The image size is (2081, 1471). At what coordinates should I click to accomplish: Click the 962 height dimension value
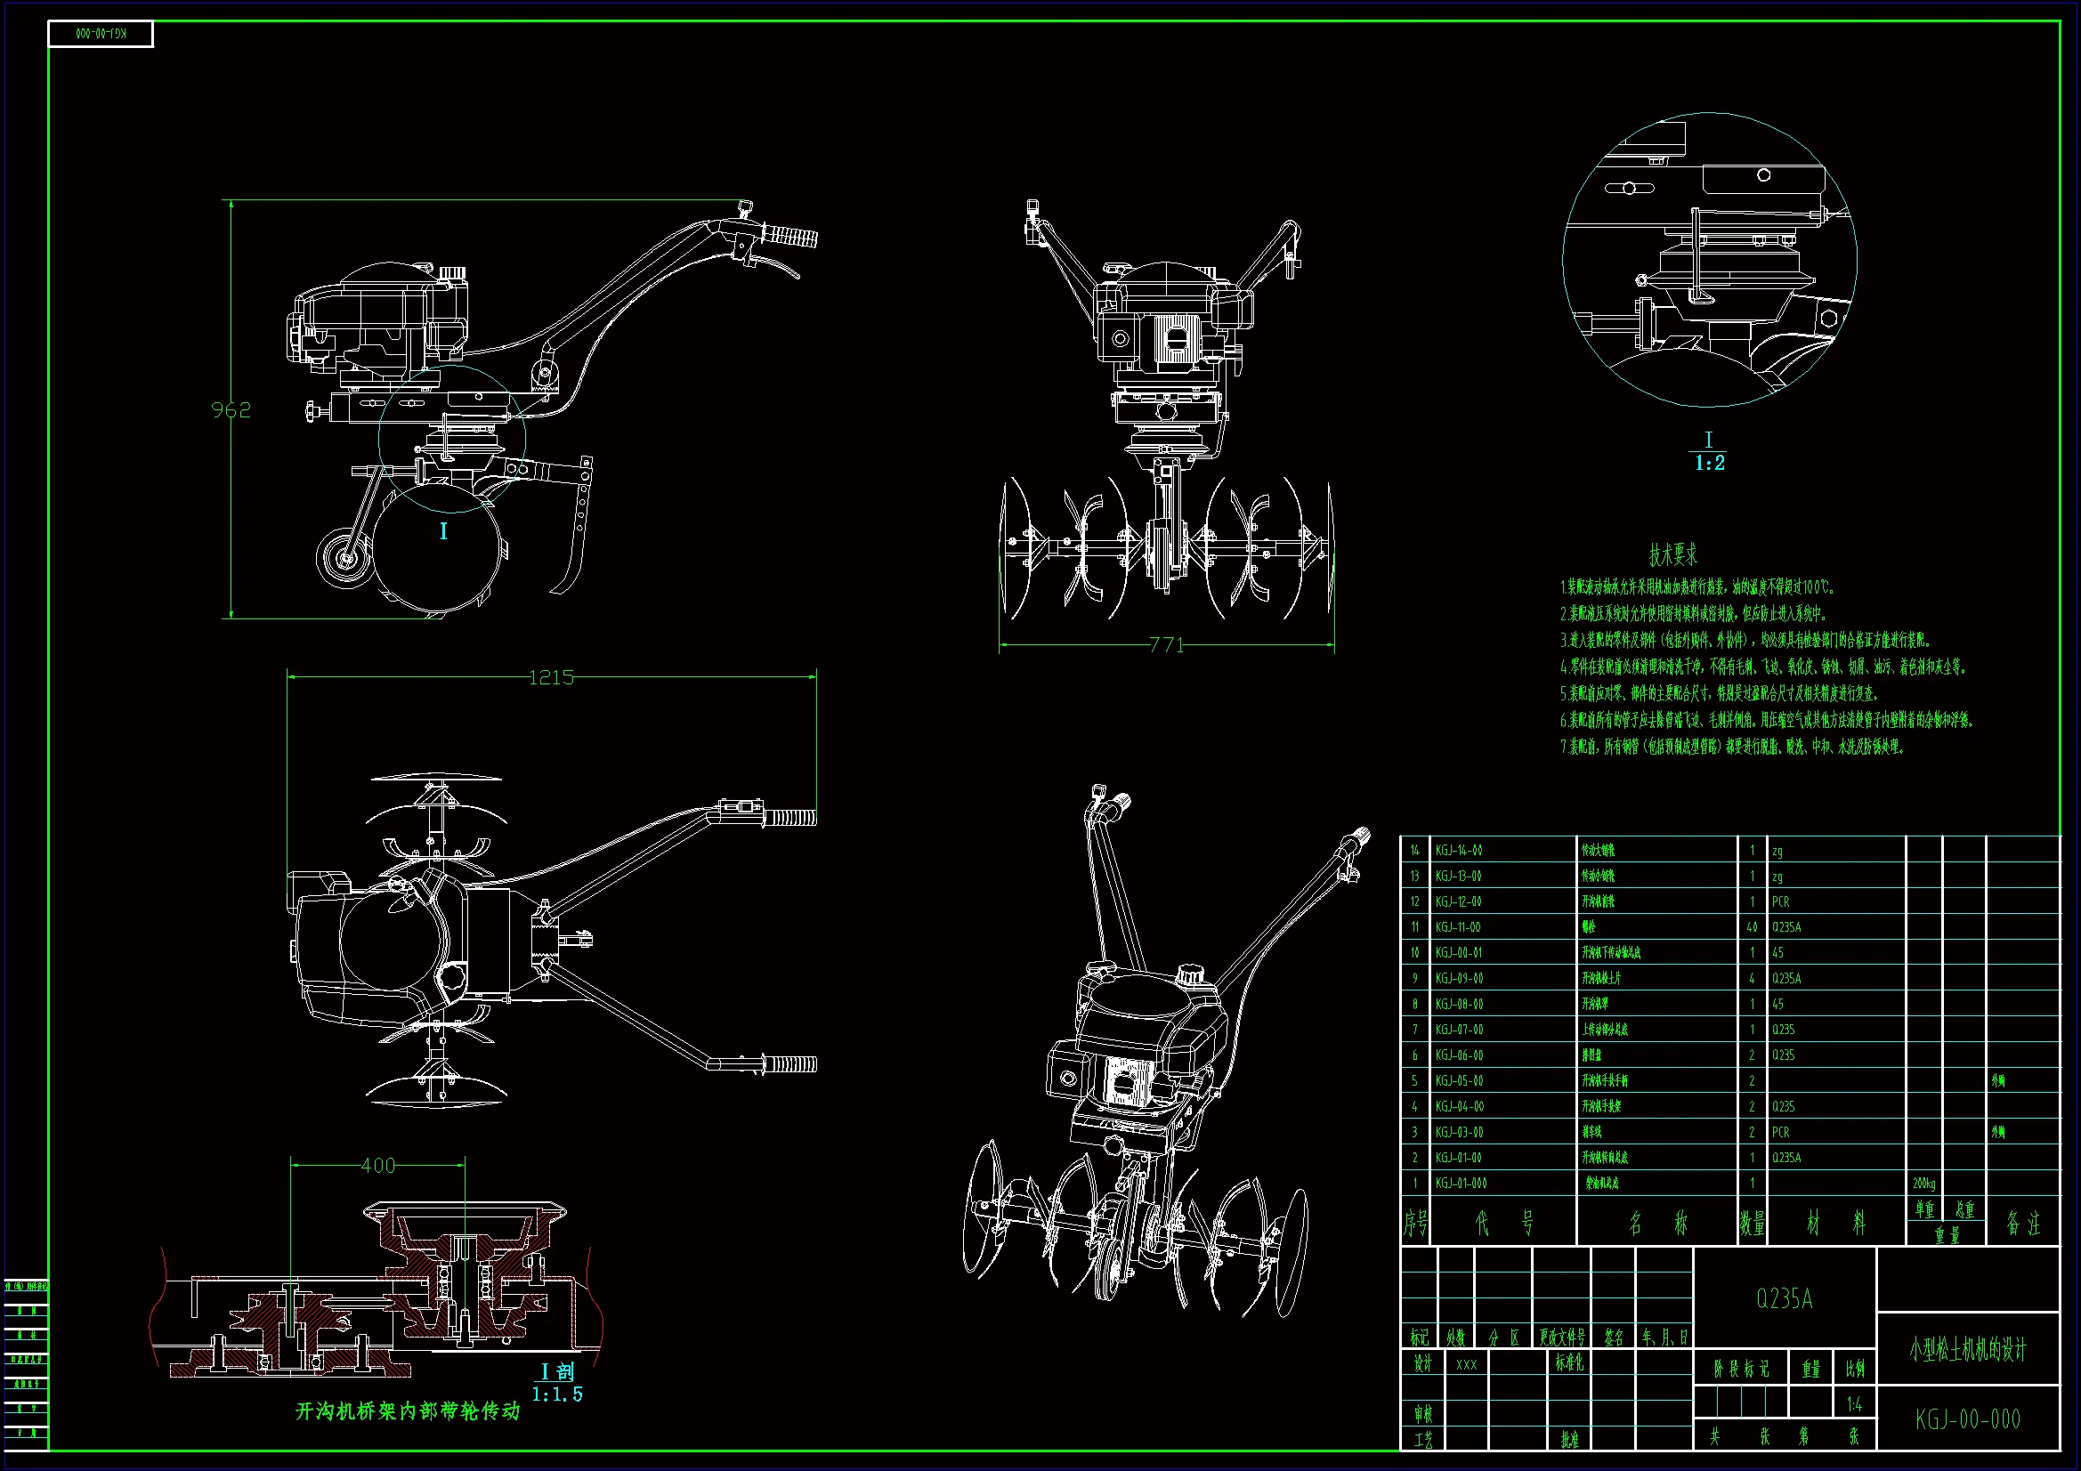click(x=231, y=409)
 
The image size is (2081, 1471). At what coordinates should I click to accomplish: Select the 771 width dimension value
click(x=1167, y=645)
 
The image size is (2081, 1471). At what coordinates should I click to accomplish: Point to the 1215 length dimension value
click(x=551, y=677)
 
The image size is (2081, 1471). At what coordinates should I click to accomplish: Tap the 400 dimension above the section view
click(x=378, y=1166)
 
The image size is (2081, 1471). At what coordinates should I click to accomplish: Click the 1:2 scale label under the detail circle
click(x=1709, y=463)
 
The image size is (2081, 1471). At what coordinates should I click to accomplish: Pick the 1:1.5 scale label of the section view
click(x=556, y=1394)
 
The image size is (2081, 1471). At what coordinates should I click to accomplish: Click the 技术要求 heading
click(x=1673, y=554)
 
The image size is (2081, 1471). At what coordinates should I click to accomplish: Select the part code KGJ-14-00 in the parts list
click(x=1458, y=850)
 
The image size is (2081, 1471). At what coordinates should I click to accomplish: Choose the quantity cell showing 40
click(x=1752, y=927)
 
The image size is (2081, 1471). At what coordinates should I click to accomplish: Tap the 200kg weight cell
click(x=1923, y=1184)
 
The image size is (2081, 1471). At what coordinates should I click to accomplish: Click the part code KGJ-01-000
click(x=1460, y=1184)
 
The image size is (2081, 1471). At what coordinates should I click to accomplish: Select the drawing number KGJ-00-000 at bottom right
click(x=1968, y=1419)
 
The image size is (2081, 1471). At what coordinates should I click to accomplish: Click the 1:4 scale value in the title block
click(x=1854, y=1405)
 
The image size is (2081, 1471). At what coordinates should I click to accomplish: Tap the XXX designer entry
click(x=1466, y=1364)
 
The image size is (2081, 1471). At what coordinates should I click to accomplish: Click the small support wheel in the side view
click(x=344, y=557)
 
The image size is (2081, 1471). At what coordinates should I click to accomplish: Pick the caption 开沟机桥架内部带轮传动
click(x=408, y=1411)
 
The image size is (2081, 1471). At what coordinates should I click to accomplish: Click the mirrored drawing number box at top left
click(x=101, y=35)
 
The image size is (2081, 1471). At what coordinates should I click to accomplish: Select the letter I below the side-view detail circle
click(x=443, y=531)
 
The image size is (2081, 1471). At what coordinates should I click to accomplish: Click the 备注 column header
click(x=2023, y=1224)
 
